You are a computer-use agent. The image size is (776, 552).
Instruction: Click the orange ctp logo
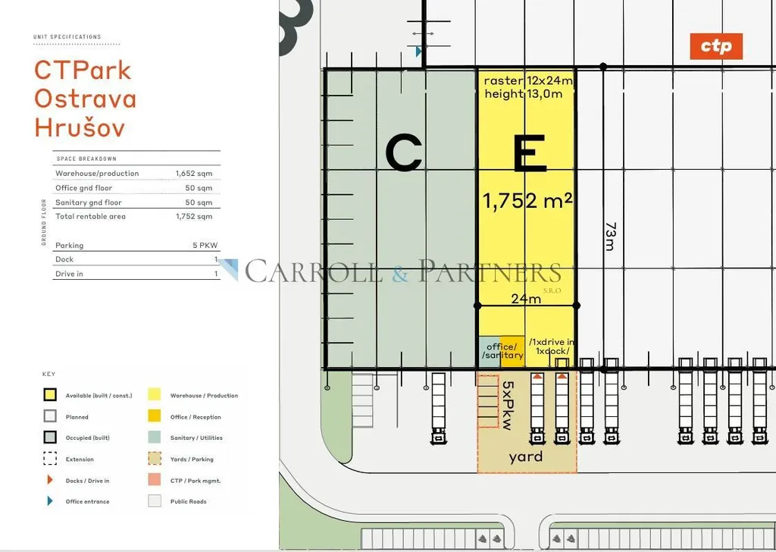click(x=716, y=46)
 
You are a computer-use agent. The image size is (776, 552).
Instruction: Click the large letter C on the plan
click(x=403, y=153)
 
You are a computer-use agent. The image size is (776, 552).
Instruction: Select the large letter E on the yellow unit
click(x=530, y=153)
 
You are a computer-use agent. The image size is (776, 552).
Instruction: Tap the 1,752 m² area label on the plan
click(x=527, y=201)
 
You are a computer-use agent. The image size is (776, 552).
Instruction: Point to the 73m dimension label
click(x=611, y=236)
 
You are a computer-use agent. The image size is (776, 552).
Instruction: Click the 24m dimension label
click(x=526, y=299)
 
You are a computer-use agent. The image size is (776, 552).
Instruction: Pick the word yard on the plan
click(x=526, y=456)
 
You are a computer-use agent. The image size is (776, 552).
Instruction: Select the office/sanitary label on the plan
click(x=502, y=351)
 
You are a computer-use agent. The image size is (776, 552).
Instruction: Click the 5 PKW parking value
click(x=205, y=245)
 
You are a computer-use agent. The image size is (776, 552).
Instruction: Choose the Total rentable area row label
click(x=91, y=216)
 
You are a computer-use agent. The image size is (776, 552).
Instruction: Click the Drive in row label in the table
click(x=69, y=274)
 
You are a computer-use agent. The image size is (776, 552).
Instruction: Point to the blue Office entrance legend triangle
click(x=50, y=501)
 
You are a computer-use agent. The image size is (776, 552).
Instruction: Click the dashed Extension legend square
click(x=50, y=459)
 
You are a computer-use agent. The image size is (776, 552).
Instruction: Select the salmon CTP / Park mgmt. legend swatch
click(x=155, y=480)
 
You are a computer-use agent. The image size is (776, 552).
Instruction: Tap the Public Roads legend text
click(x=189, y=501)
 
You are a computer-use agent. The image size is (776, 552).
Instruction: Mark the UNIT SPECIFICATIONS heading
click(x=67, y=36)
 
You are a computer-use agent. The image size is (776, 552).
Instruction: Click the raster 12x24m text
click(x=528, y=80)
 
